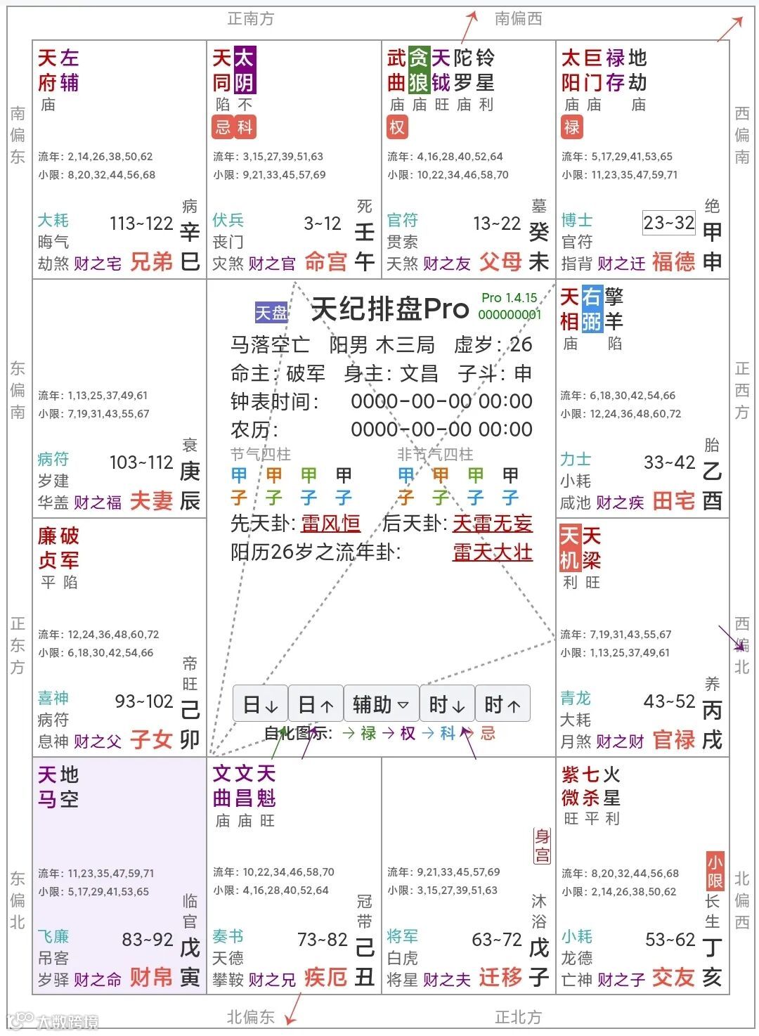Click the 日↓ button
(260, 704)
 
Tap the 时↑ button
(502, 704)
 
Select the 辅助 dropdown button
(381, 704)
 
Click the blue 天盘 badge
(271, 313)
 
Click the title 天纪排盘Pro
(390, 309)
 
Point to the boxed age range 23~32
(669, 224)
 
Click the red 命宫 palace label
(326, 262)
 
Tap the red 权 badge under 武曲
(397, 127)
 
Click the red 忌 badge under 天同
(223, 127)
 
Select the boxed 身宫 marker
(542, 846)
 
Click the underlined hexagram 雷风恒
(330, 524)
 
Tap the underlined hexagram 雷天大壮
(492, 552)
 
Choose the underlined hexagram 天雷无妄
(492, 524)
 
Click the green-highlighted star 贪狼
(419, 70)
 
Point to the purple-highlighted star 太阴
(244, 70)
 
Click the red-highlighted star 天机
(569, 548)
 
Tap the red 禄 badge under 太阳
(571, 127)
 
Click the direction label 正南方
(251, 19)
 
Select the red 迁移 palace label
(501, 977)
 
